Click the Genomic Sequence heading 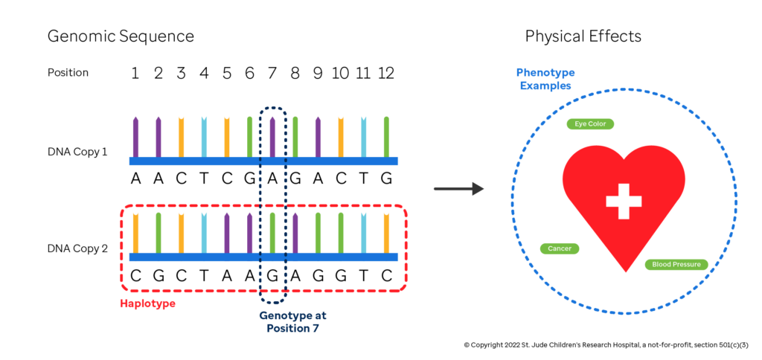121,36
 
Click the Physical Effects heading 583,36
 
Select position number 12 385,73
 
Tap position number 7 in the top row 272,73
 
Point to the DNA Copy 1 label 77,152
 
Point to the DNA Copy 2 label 77,248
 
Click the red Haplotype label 147,303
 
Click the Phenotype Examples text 545,79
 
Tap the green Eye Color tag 590,124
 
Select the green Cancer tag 559,248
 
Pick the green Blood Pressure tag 676,264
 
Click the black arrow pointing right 458,189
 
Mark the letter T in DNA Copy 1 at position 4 204,178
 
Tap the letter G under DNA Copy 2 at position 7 272,274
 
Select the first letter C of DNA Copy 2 135,274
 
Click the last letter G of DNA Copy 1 386,178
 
